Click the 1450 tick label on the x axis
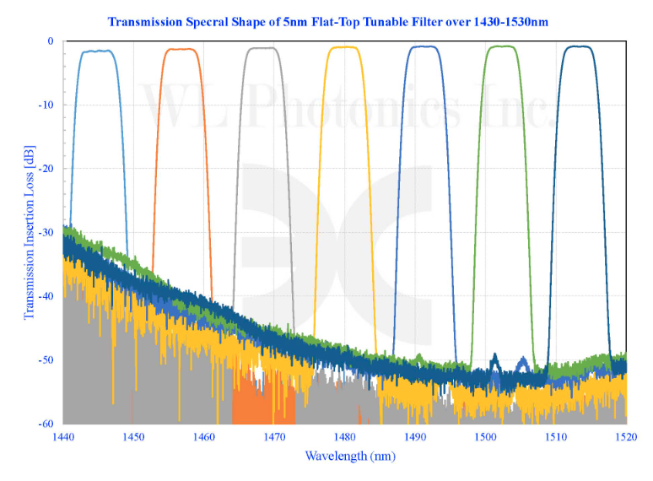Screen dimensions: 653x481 133,437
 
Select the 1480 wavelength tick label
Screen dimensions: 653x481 345,437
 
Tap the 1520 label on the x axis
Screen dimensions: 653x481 626,437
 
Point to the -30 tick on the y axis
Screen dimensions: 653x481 46,232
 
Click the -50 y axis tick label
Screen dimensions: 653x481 46,359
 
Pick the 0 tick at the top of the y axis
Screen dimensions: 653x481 51,41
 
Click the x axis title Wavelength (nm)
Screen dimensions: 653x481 350,456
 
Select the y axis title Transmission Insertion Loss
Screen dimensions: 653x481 30,232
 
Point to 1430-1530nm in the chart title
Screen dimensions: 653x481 510,22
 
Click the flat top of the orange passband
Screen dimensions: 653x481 181,49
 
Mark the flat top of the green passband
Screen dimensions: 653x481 501,46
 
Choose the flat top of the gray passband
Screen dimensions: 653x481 262,48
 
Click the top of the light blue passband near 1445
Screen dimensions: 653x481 97,51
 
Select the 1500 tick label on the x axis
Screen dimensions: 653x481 486,437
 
